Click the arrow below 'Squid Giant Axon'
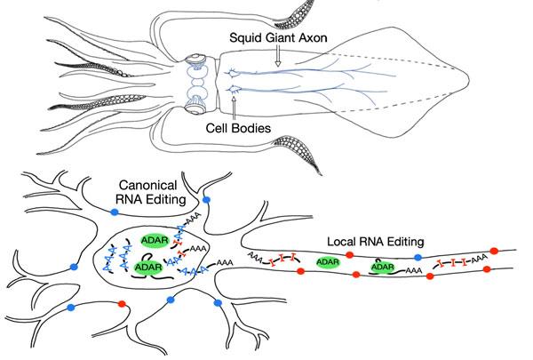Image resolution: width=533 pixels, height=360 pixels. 277,58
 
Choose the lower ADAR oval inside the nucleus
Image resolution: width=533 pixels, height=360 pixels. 147,266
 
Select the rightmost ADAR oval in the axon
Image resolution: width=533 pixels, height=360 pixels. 383,267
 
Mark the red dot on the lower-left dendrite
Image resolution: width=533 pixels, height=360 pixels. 122,305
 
